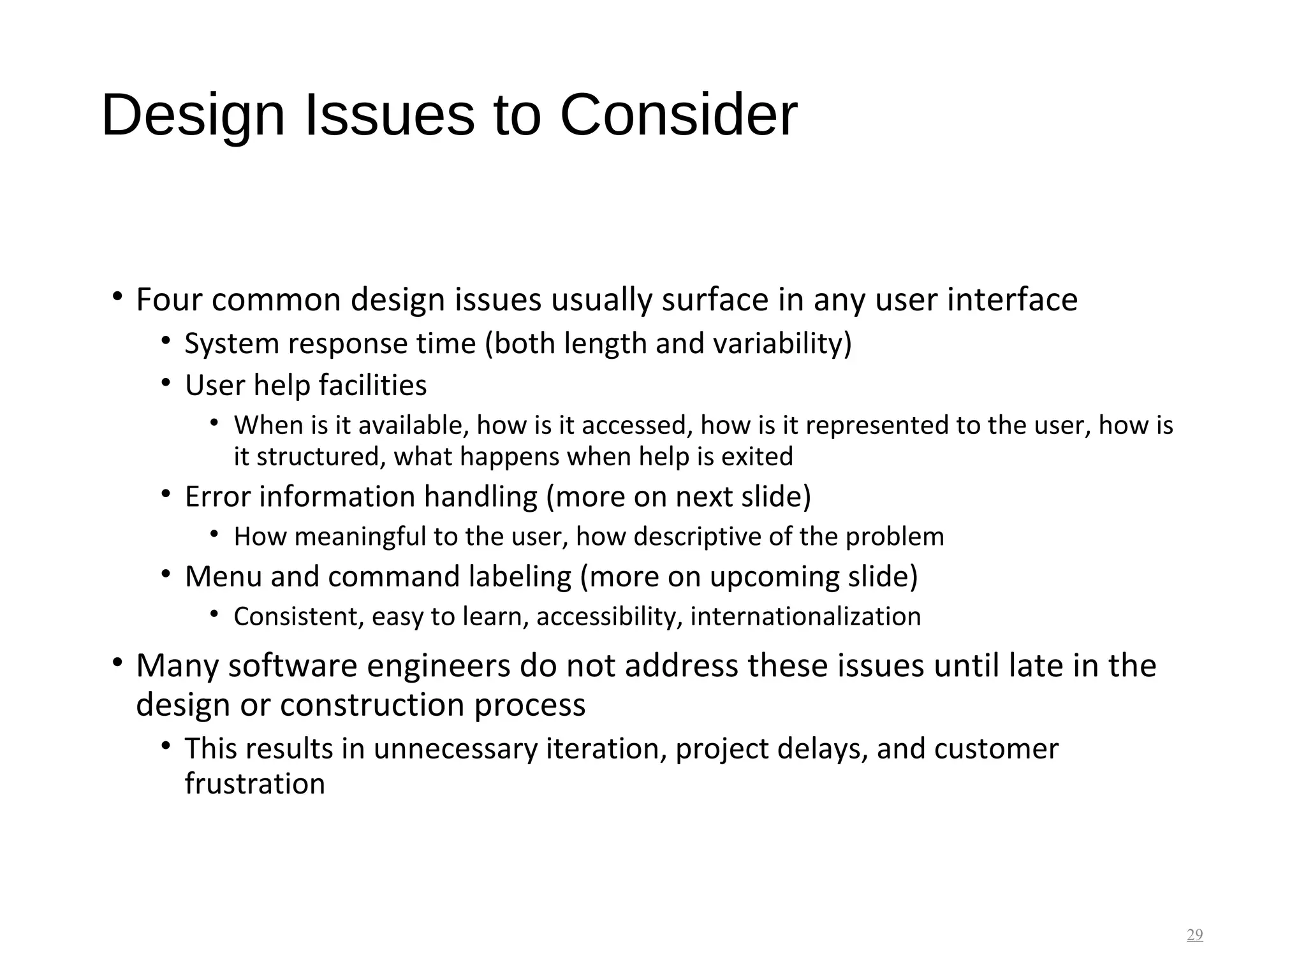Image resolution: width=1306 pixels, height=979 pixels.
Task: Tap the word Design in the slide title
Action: point(193,115)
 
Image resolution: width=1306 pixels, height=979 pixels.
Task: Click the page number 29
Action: point(1194,935)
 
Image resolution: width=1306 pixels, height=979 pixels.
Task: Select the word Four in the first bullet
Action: point(169,300)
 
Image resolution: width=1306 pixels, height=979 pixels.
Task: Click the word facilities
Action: point(372,385)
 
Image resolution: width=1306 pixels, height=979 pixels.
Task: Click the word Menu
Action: point(223,576)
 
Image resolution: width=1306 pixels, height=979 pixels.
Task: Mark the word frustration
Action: point(255,783)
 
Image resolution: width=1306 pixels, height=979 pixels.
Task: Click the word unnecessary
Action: point(455,748)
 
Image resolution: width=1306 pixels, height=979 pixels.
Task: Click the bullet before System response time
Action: point(166,341)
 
